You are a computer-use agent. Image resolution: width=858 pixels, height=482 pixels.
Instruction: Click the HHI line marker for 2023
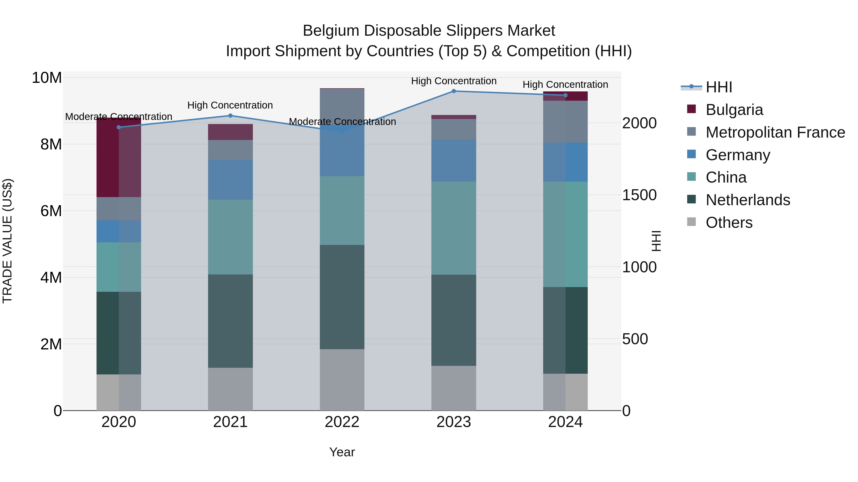point(454,91)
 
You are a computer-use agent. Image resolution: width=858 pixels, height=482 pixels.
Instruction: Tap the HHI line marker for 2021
point(230,116)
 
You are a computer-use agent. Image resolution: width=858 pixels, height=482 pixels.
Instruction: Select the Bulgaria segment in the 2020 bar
point(119,158)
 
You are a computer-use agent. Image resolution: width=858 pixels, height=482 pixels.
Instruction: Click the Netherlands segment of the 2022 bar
point(342,297)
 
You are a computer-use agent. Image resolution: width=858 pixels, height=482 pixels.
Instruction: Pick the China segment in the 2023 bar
point(454,228)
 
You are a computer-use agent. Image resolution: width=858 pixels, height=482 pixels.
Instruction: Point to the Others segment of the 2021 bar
point(230,389)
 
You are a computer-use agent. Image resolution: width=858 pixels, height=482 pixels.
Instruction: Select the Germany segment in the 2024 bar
point(565,162)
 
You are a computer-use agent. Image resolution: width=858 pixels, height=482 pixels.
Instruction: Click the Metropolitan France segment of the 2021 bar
point(230,150)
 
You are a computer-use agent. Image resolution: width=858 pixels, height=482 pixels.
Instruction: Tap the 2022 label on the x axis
point(342,422)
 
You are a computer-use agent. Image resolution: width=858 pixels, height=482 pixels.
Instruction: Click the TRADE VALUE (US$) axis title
point(7,241)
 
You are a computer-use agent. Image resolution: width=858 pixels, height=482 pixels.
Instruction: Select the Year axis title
point(342,452)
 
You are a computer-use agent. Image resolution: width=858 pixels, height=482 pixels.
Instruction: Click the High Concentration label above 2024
point(565,84)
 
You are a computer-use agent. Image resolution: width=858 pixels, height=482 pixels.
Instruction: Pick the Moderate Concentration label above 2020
point(119,117)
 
